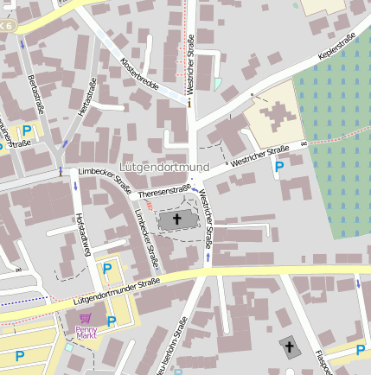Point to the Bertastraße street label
pos(35,94)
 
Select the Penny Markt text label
pos(86,333)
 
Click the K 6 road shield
pos(7,26)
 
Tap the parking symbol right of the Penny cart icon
pos(111,321)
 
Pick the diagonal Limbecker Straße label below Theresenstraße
pos(145,236)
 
